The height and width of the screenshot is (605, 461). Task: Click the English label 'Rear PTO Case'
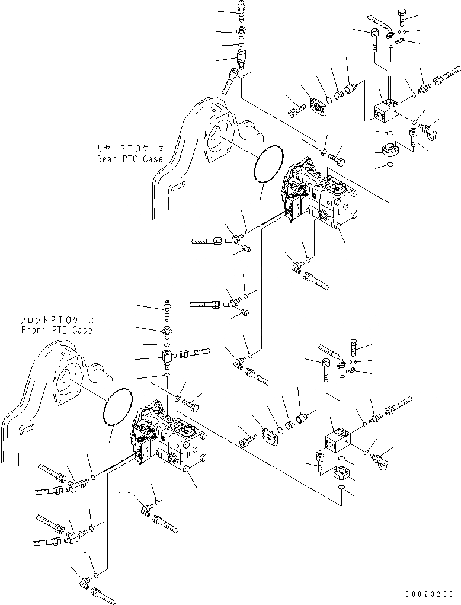pos(130,159)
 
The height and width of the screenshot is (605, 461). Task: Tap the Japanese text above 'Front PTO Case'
pos(57,321)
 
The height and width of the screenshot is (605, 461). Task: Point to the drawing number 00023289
pos(431,593)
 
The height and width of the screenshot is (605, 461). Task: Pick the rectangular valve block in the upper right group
pos(387,110)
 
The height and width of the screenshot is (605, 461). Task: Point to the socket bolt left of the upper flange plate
pos(296,110)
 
